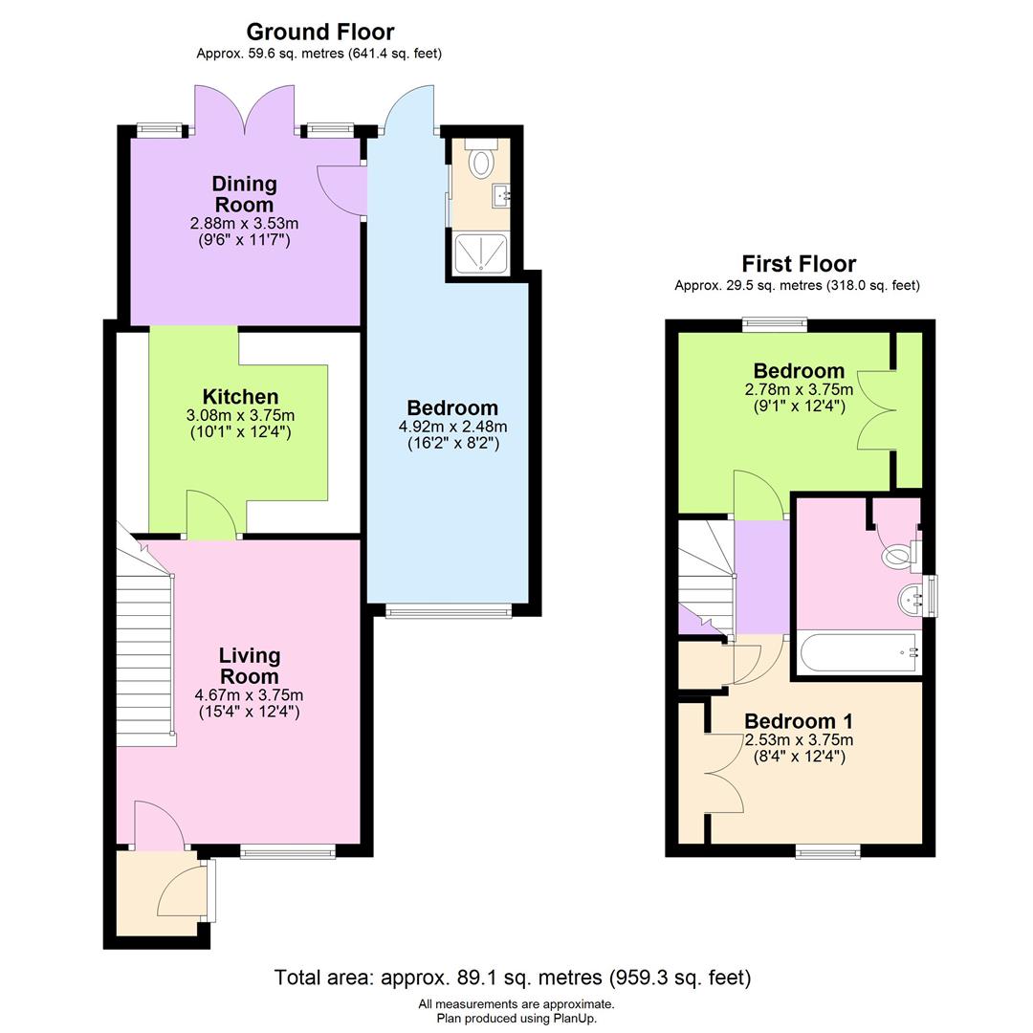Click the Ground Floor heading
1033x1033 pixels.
point(319,33)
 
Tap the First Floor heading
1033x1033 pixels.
point(799,264)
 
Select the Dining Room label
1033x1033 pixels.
point(244,194)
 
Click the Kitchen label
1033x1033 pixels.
point(240,397)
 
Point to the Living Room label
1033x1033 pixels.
point(250,666)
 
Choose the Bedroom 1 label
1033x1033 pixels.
point(799,721)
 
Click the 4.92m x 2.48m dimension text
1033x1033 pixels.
point(452,427)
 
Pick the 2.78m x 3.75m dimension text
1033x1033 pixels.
point(799,389)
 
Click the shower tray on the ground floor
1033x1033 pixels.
point(479,253)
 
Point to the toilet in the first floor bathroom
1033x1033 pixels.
point(900,553)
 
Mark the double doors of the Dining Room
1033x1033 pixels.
point(245,109)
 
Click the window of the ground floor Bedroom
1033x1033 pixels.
point(448,611)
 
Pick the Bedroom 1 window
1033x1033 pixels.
point(827,850)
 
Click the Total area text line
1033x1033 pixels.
point(513,978)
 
